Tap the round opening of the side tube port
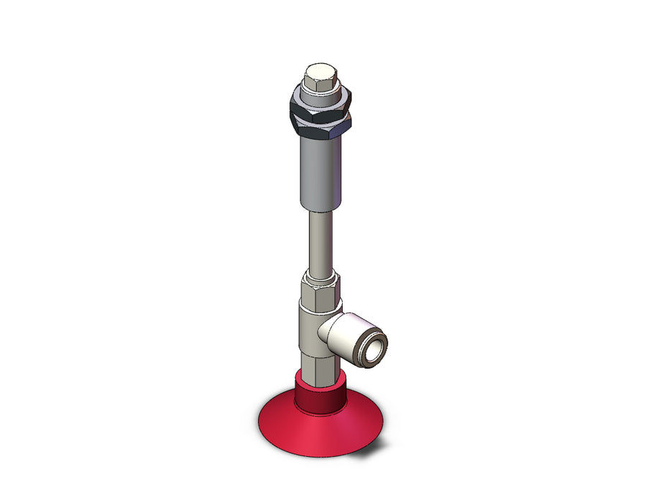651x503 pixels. point(374,342)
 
